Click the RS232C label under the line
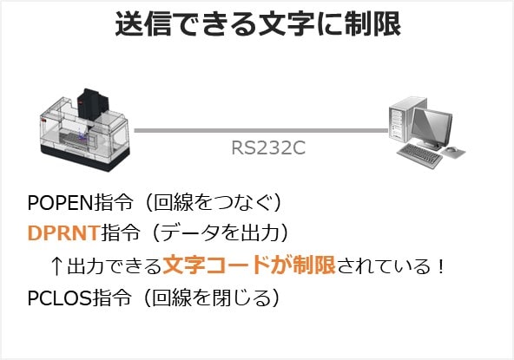point(268,147)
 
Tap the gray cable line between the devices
point(261,131)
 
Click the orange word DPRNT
point(64,232)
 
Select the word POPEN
point(61,203)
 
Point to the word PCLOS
point(60,298)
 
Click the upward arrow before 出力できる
point(56,265)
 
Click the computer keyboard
point(420,155)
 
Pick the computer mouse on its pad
point(451,150)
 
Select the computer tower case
point(401,120)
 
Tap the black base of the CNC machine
point(85,158)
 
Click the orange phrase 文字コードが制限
point(249,265)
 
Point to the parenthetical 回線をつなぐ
point(214,203)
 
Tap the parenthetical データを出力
point(221,232)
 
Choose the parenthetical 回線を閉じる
point(212,298)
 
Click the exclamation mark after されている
point(440,265)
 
